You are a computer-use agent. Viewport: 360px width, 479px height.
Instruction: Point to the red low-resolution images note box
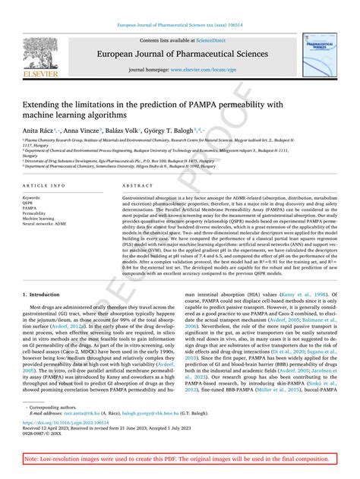click(179, 459)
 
